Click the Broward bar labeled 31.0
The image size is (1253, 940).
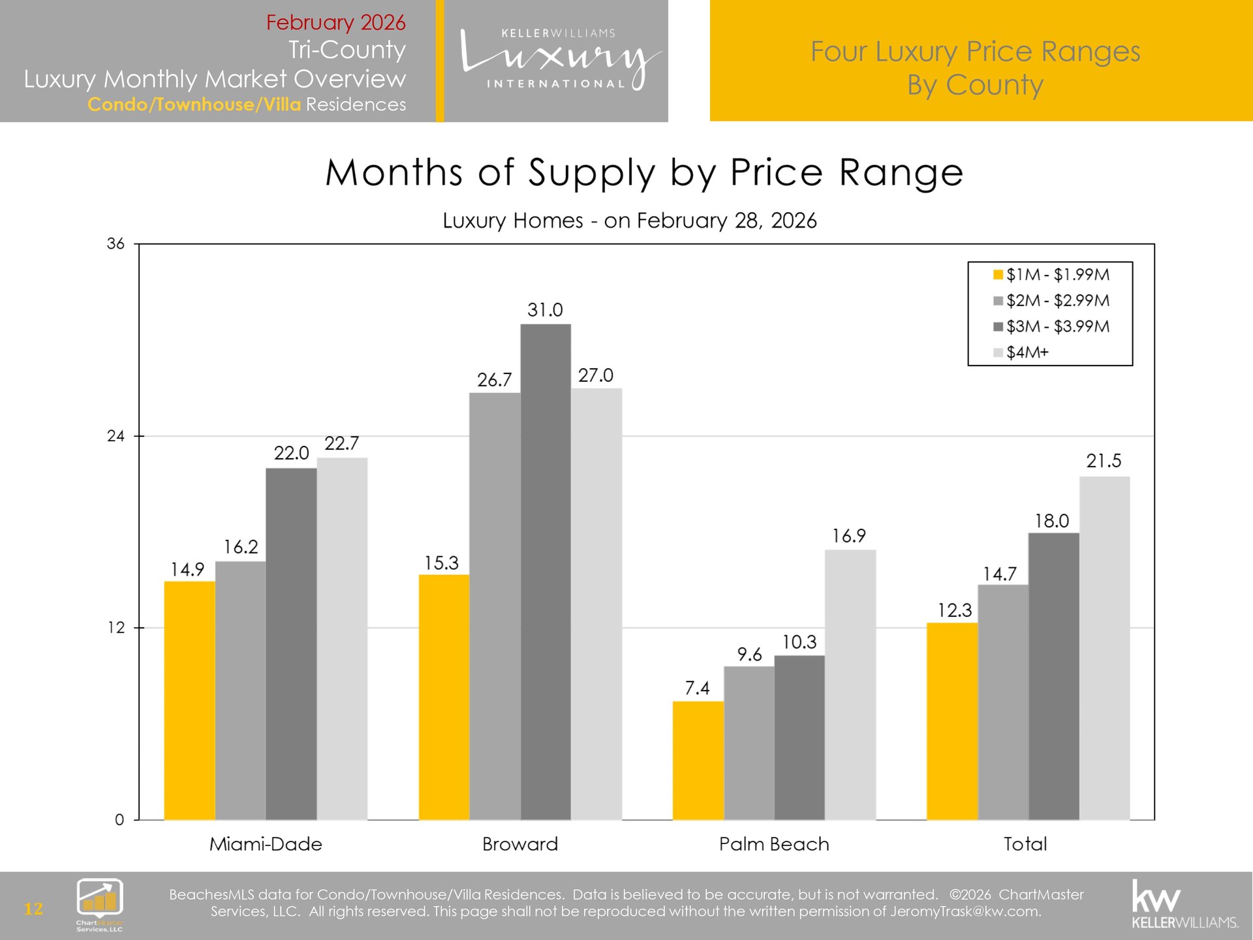[x=546, y=571]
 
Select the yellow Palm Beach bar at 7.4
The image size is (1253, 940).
[x=698, y=760]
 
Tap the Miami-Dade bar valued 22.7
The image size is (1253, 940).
[x=342, y=638]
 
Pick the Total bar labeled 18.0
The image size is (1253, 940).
[x=1053, y=676]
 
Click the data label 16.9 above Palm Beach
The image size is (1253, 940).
[x=848, y=536]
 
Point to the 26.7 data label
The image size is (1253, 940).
[x=494, y=380]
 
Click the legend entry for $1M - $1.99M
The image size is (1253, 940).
[x=1051, y=275]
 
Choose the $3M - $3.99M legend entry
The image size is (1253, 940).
[x=1051, y=326]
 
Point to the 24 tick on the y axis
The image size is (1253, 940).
[x=116, y=436]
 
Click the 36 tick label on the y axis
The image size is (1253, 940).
[x=116, y=244]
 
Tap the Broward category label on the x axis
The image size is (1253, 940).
[x=519, y=844]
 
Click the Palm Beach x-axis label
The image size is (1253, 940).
[x=774, y=844]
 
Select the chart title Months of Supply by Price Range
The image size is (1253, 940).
[x=644, y=173]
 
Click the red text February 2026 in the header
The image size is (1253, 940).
[x=335, y=22]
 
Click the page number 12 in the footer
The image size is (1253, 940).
[x=33, y=909]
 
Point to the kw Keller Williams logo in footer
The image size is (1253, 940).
[x=1184, y=904]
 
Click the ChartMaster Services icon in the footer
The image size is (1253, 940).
[x=100, y=904]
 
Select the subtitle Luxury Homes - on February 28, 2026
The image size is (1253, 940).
[x=629, y=221]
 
